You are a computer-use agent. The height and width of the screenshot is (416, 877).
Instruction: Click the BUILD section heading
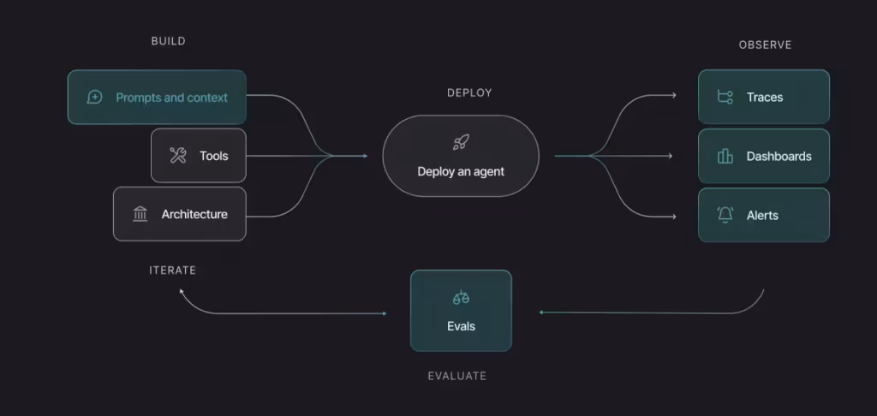[x=168, y=41]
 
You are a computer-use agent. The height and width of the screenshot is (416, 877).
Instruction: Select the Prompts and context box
[x=157, y=98]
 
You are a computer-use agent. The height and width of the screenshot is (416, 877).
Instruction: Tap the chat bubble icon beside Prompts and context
[x=95, y=98]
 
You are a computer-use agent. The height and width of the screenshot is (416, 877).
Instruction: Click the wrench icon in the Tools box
[x=178, y=156]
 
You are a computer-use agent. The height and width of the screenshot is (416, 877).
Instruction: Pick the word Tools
[x=214, y=156]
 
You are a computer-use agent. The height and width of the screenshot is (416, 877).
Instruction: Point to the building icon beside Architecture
[x=140, y=214]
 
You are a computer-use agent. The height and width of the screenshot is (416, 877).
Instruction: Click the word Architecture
[x=194, y=214]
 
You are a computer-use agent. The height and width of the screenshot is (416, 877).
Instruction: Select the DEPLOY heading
[x=469, y=92]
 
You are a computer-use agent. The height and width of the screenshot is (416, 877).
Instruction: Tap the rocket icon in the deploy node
[x=461, y=143]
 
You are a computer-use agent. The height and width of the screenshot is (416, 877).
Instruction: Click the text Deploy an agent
[x=461, y=171]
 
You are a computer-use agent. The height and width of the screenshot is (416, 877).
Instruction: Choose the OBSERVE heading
[x=765, y=45]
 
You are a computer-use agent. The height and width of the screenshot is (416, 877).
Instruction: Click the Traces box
[x=763, y=98]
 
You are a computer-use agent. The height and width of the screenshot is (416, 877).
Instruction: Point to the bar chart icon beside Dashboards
[x=725, y=156]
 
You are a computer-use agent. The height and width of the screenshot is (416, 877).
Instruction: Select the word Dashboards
[x=779, y=157]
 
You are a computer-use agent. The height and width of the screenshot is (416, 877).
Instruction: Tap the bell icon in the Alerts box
[x=725, y=215]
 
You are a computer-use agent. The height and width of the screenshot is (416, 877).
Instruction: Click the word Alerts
[x=762, y=215]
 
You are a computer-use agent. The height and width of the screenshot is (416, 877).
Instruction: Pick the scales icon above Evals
[x=461, y=298]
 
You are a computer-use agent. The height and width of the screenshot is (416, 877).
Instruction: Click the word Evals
[x=461, y=326]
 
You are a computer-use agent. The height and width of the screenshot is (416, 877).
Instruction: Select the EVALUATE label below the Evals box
[x=456, y=376]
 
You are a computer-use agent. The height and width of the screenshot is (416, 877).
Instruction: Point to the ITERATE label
[x=172, y=270]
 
